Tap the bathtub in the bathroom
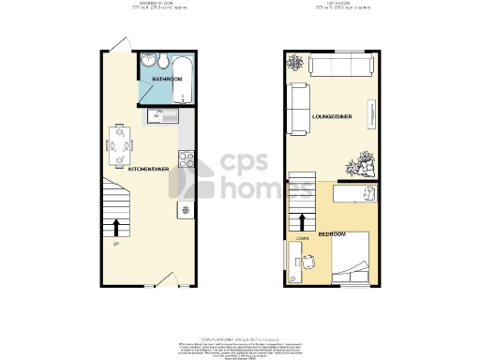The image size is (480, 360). point(183,80)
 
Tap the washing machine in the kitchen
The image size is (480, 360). point(185,209)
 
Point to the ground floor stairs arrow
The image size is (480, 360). point(116,226)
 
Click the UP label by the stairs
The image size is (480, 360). point(116,245)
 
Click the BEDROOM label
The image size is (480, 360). point(332,233)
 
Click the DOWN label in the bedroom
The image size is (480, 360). point(302,240)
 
